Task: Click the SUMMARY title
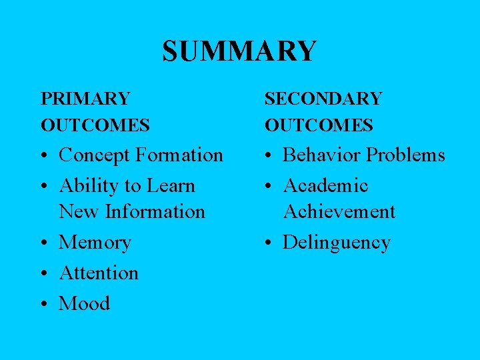click(x=239, y=51)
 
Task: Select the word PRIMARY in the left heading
click(x=85, y=99)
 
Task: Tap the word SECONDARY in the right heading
click(x=323, y=99)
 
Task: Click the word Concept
click(x=94, y=155)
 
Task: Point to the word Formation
click(x=179, y=155)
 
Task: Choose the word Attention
click(x=99, y=273)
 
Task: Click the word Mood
click(x=84, y=304)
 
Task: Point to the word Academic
click(x=325, y=186)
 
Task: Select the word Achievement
click(x=339, y=212)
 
